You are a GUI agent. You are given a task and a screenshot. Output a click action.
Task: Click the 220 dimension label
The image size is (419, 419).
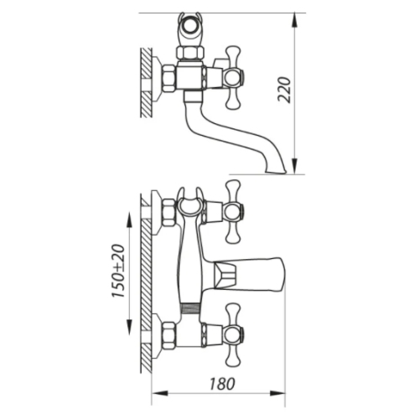pos(285,90)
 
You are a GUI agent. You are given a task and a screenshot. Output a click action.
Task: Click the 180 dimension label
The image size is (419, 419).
pos(222,384)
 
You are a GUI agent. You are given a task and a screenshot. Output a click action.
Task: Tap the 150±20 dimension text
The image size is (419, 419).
pos(118,271)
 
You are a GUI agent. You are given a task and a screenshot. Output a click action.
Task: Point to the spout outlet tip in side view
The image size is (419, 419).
pos(276,170)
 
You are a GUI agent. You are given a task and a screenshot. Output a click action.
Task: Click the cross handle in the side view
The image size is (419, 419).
pos(233,78)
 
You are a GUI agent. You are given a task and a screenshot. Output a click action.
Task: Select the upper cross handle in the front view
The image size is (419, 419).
pos(233,211)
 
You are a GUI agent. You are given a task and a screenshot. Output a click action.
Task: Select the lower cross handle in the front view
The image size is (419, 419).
pos(233,335)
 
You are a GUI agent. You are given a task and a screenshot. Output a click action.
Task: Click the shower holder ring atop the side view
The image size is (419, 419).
pos(190,28)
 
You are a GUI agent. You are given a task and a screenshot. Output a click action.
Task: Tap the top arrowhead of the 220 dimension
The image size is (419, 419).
pos(295,20)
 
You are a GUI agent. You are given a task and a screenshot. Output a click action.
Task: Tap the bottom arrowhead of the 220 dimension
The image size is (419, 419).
pos(295,167)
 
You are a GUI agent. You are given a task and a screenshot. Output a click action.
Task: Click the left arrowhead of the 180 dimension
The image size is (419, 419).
pos(160,394)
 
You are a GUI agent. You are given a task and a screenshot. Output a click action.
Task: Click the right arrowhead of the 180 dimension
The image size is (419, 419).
pos(277,394)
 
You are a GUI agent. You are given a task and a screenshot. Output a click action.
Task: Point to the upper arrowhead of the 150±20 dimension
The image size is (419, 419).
pos(129,220)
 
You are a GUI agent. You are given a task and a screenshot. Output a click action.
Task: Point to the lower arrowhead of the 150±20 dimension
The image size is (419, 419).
pos(129,327)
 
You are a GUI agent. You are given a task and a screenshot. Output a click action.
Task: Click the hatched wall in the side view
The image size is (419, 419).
pos(146,82)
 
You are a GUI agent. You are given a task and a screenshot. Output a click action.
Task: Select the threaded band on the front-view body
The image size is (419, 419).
pos(190,309)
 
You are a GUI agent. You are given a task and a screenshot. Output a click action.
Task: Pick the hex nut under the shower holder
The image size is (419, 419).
pos(190,53)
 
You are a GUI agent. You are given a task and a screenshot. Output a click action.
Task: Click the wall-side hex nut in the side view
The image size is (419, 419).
pos(169,78)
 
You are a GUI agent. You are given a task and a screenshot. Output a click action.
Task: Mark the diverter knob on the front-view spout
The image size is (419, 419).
pos(225,275)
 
